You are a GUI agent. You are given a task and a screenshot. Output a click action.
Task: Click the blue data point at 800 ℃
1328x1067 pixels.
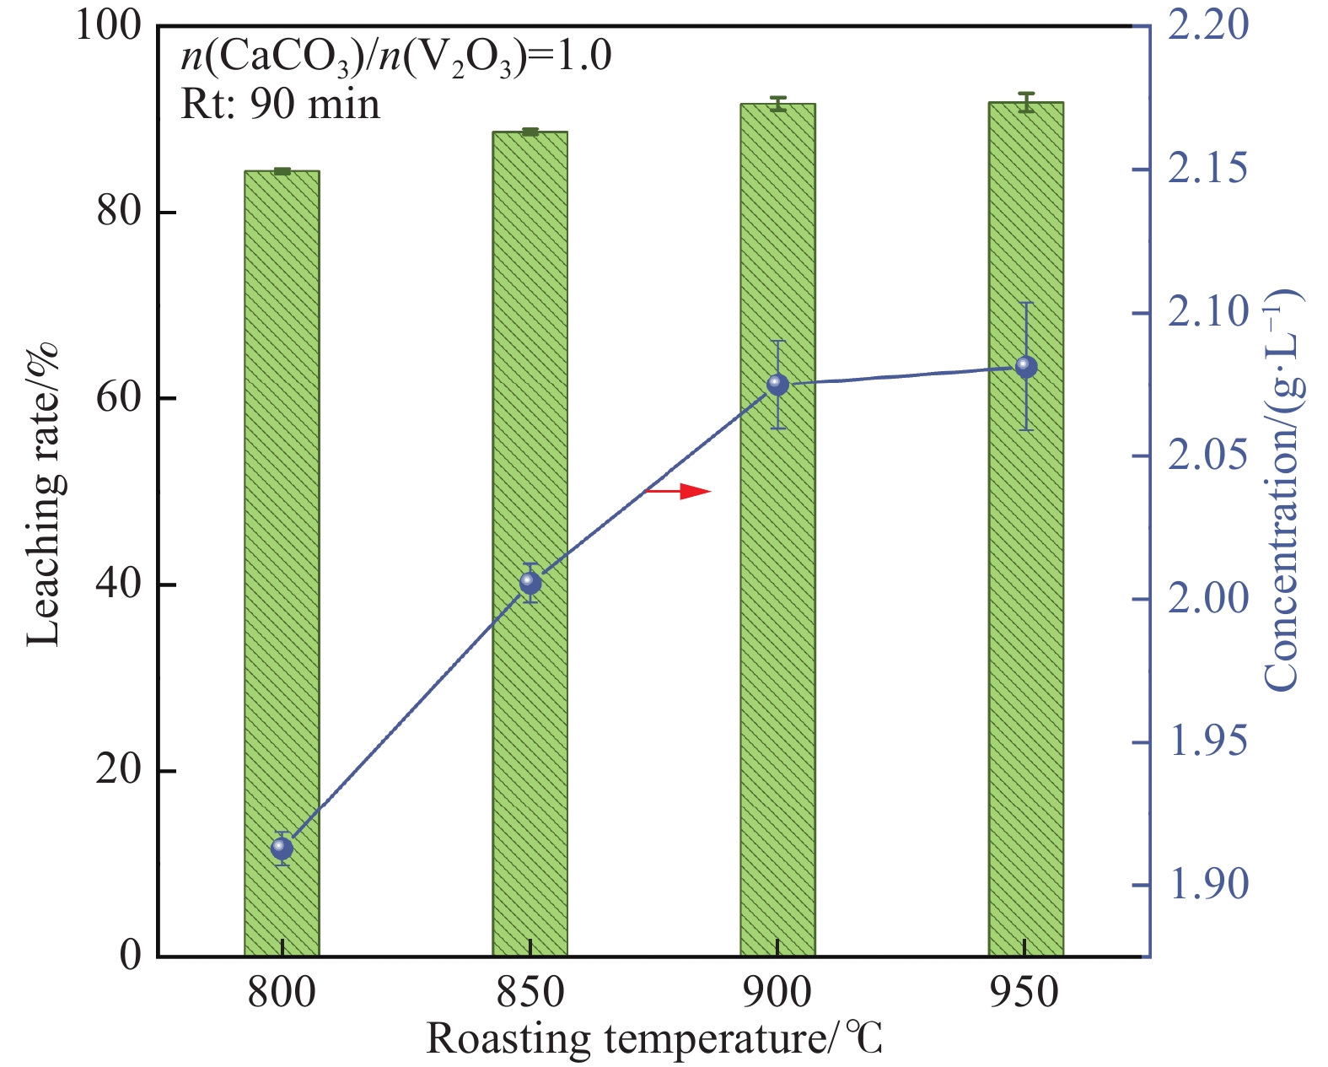click(x=282, y=848)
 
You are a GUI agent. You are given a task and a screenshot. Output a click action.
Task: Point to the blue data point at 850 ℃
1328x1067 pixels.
click(x=530, y=582)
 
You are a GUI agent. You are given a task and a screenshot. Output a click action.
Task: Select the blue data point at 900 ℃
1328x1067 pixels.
click(x=777, y=385)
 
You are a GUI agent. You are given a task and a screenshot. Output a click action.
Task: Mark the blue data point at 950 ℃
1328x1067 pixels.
click(x=1025, y=367)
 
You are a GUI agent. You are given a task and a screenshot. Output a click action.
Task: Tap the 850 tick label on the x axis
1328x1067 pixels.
click(x=530, y=993)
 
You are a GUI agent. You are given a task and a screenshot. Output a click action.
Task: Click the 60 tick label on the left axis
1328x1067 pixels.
click(x=118, y=398)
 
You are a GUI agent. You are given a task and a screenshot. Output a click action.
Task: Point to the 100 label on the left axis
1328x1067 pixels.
click(x=108, y=25)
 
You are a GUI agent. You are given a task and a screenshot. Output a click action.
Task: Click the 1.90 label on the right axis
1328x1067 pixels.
click(x=1207, y=885)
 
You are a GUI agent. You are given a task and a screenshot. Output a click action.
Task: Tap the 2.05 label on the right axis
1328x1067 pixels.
click(x=1207, y=456)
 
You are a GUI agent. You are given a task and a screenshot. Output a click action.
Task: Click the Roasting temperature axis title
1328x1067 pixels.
click(x=654, y=1039)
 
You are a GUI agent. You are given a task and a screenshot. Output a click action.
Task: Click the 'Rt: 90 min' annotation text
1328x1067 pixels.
click(x=281, y=105)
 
